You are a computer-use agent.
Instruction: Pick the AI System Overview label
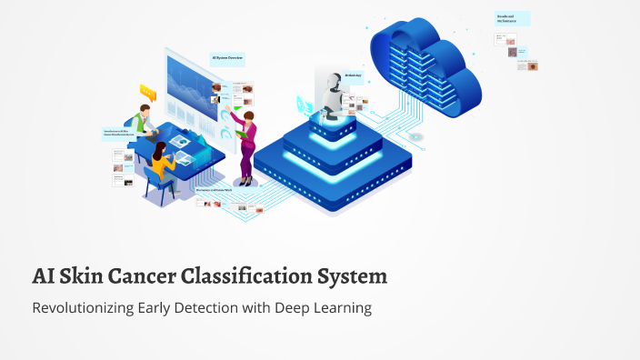tap(227, 59)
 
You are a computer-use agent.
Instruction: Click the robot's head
tap(331, 79)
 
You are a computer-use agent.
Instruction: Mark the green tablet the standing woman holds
tap(241, 135)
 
